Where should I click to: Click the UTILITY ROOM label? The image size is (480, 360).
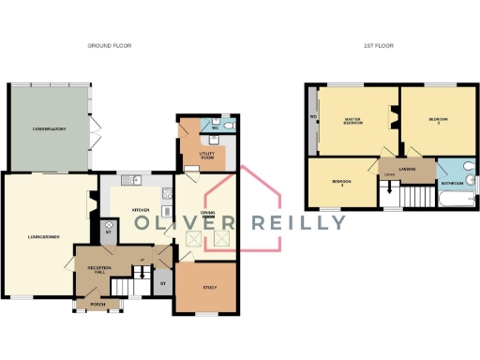click(208, 156)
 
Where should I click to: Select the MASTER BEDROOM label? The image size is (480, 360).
click(354, 121)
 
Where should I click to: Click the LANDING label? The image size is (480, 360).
click(406, 169)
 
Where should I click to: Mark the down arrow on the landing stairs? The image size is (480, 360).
click(386, 191)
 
